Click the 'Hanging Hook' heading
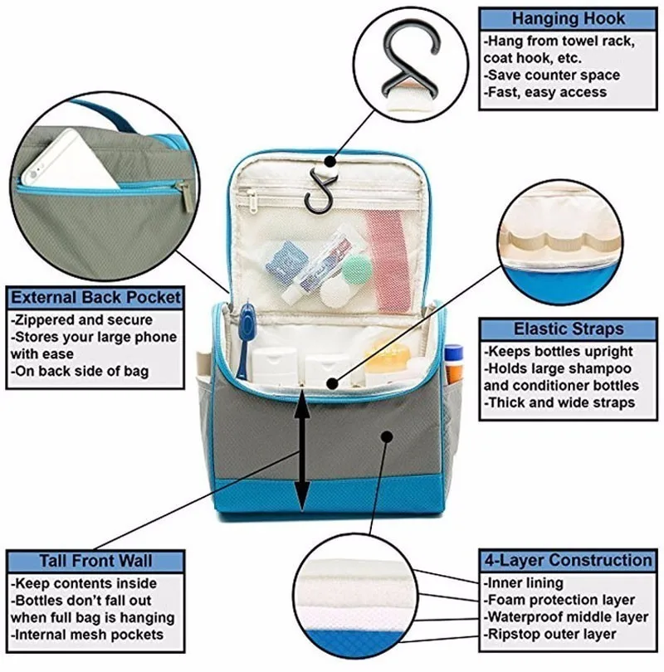[x=569, y=18]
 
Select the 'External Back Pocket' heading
[x=95, y=297]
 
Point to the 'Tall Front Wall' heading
[x=95, y=561]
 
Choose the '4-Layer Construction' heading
[x=567, y=561]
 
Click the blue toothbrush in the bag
[x=244, y=340]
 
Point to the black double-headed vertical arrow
[x=303, y=452]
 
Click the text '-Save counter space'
[x=551, y=75]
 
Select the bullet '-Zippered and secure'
[x=81, y=319]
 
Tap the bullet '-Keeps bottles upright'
[x=558, y=352]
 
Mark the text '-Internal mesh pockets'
[x=86, y=635]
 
